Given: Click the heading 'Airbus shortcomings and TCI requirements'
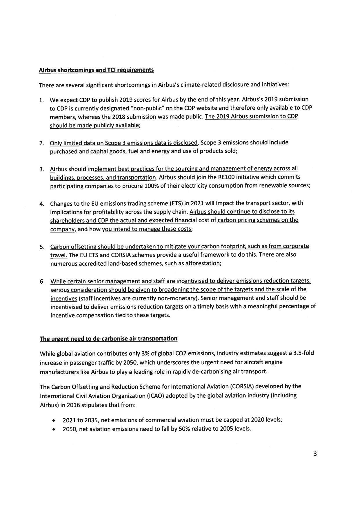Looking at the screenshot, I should click(x=96, y=70).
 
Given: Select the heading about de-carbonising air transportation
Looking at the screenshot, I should click(x=108, y=338).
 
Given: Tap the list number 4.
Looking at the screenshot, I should click(x=41, y=203).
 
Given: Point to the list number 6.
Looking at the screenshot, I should click(x=42, y=282).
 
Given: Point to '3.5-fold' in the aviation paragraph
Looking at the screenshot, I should click(x=303, y=353).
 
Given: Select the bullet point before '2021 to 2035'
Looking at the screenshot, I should click(x=53, y=420).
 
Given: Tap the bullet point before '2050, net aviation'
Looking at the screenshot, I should click(x=53, y=429).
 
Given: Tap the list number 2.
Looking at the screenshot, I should click(x=41, y=143).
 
